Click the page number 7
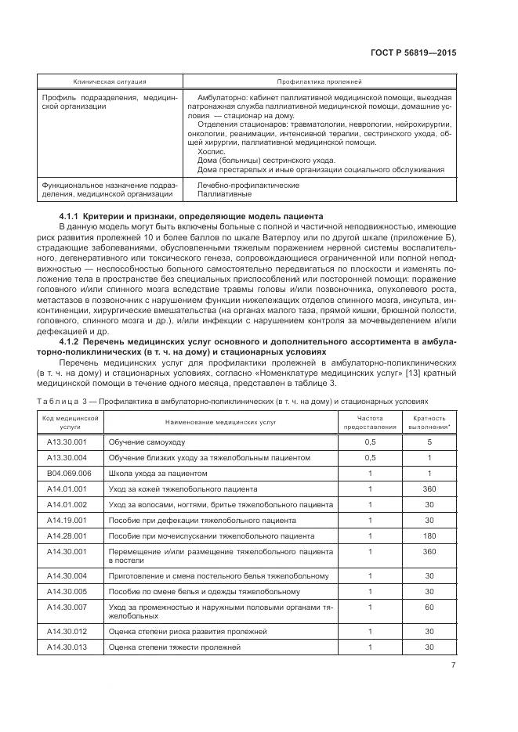point(453,665)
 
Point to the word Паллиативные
point(224,193)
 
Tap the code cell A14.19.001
point(67,520)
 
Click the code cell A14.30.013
point(67,647)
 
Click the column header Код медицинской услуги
point(70,423)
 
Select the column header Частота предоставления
point(371,423)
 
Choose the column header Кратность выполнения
point(429,423)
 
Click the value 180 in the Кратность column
point(429,535)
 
